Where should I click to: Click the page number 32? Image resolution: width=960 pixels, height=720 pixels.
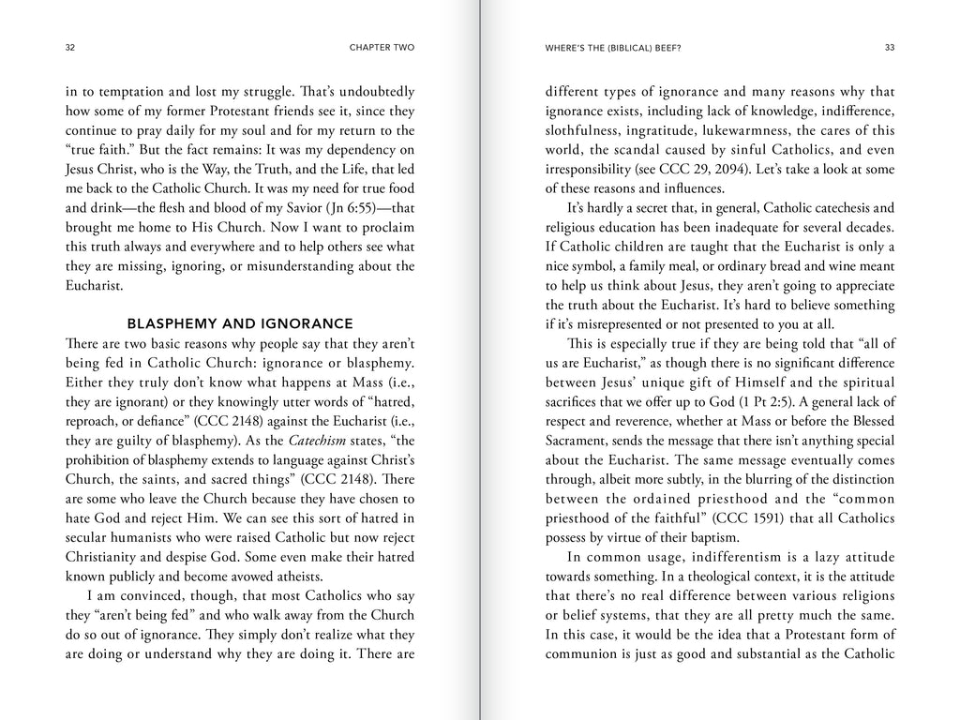click(70, 47)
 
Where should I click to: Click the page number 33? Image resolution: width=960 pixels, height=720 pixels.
click(890, 47)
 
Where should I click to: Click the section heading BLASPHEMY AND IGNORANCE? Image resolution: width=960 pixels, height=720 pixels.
click(240, 323)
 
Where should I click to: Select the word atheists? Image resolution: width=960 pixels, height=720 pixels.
click(290, 576)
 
